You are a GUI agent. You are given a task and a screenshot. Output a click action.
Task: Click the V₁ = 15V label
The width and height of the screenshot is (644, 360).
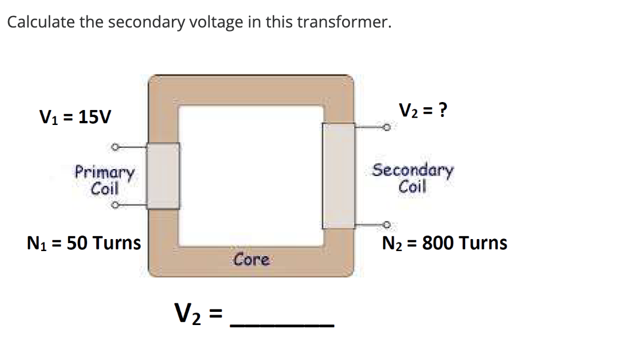[75, 118]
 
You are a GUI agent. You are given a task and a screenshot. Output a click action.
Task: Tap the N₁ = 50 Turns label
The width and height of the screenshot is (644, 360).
[84, 243]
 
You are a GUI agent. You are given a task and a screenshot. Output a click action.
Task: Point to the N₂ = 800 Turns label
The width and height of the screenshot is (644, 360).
[445, 243]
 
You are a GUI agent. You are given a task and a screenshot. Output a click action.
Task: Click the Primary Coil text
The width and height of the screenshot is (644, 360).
[105, 180]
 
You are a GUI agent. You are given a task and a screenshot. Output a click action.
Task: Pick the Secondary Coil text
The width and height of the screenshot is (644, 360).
[413, 178]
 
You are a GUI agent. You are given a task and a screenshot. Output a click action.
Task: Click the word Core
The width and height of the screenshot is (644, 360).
[252, 260]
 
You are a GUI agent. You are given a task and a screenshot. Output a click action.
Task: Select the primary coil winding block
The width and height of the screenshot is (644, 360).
[163, 175]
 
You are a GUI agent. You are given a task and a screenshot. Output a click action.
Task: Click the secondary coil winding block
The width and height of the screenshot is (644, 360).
[339, 175]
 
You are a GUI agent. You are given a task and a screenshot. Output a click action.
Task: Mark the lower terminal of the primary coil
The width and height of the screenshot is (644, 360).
[115, 204]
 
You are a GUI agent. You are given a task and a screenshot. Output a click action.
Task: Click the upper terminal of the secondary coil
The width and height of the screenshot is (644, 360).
[387, 127]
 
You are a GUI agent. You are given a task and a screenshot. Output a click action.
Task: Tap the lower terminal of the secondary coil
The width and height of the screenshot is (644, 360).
[387, 225]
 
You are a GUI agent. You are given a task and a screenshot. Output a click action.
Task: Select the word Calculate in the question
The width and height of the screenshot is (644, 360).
[39, 22]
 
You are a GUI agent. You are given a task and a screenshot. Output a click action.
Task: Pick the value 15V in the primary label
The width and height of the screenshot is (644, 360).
[96, 118]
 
